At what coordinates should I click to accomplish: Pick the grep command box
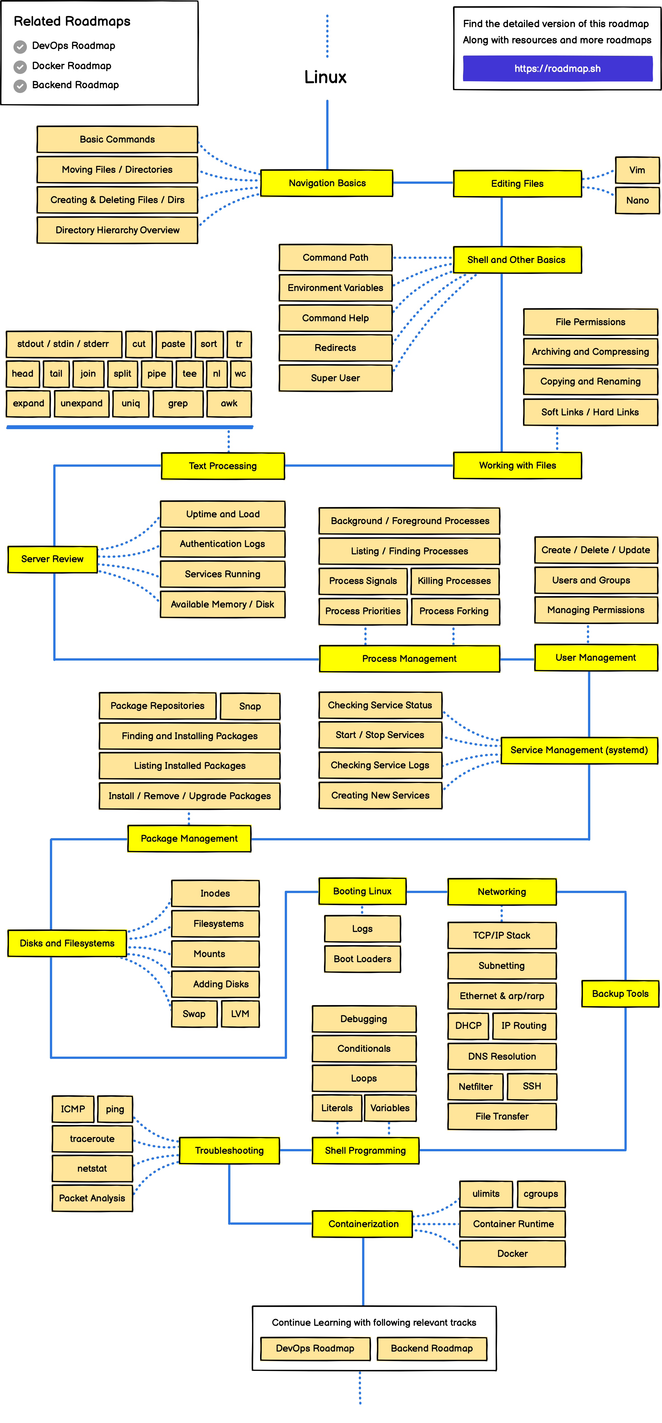pyautogui.click(x=178, y=403)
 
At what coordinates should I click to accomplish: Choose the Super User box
pyautogui.click(x=335, y=378)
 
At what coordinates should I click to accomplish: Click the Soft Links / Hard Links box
pyautogui.click(x=590, y=412)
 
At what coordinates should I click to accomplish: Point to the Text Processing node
pyautogui.click(x=223, y=466)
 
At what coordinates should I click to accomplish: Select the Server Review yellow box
pyautogui.click(x=52, y=559)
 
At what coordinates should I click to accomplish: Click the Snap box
pyautogui.click(x=250, y=706)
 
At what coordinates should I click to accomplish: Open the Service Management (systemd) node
pyautogui.click(x=579, y=750)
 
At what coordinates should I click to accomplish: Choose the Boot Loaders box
pyautogui.click(x=362, y=959)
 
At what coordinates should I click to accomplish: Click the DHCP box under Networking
pyautogui.click(x=468, y=1025)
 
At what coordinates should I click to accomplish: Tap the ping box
pyautogui.click(x=115, y=1109)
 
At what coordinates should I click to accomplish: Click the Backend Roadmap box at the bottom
pyautogui.click(x=432, y=1348)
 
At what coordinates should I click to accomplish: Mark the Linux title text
pyautogui.click(x=325, y=77)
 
